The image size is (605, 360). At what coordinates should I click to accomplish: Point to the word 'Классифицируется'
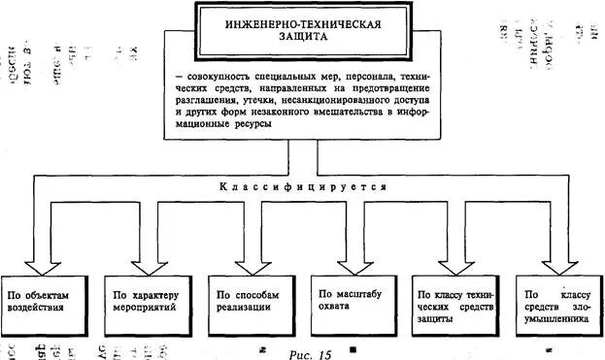302,185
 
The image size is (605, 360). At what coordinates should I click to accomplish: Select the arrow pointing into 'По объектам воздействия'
41,260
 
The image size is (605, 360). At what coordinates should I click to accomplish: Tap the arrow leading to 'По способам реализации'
247,260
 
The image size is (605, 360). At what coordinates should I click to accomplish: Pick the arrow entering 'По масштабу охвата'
349,260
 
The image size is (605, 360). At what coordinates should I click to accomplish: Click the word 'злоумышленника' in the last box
557,318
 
